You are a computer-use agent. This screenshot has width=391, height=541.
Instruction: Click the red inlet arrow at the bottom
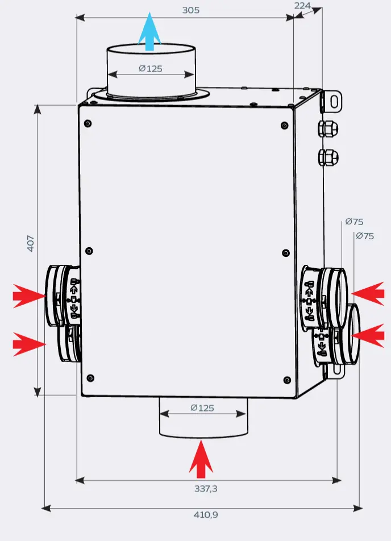tap(201, 459)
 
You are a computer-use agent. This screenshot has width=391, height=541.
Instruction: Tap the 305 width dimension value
tap(191, 10)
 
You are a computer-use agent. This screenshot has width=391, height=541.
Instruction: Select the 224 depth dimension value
tap(302, 5)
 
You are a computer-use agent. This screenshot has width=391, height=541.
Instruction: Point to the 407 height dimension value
tap(31, 243)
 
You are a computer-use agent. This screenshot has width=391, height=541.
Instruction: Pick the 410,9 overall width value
tap(206, 515)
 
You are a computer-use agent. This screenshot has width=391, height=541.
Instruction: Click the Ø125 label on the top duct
tap(150, 69)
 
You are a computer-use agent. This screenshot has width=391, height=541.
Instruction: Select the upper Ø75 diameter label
tap(354, 222)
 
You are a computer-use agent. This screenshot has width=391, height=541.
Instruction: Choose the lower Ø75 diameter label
tap(364, 236)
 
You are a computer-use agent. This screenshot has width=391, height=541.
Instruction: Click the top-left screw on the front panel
tap(88, 123)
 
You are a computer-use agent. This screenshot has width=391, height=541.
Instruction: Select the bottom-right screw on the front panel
tap(286, 380)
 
